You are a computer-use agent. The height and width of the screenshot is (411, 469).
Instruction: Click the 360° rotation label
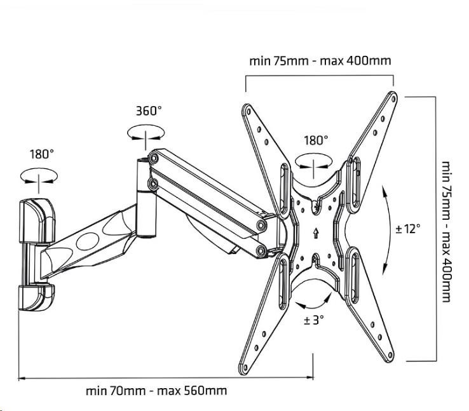tap(149, 111)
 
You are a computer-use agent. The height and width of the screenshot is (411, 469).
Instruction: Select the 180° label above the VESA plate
tap(316, 140)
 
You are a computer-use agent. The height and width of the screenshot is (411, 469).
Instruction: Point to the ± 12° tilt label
tap(407, 229)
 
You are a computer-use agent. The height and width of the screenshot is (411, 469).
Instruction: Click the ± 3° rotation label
tap(314, 320)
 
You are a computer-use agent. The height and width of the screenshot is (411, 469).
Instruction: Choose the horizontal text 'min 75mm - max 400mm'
tap(319, 61)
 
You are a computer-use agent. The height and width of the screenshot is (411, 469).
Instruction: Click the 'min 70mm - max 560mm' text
tap(156, 391)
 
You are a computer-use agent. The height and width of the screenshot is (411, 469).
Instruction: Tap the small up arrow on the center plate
tap(316, 232)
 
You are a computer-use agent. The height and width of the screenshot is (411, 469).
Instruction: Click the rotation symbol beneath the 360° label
tap(145, 133)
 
